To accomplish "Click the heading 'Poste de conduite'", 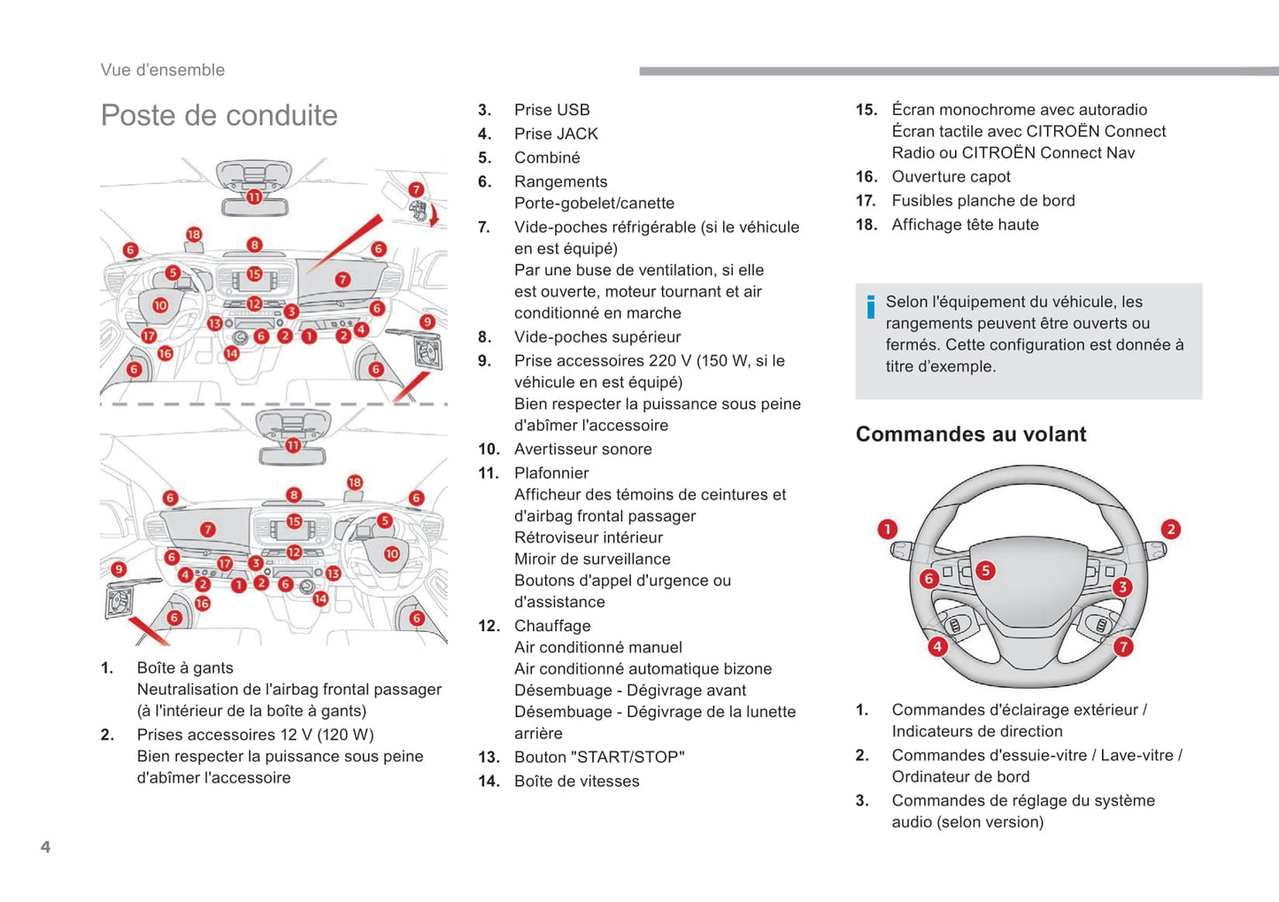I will click(219, 115).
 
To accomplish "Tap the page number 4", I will click(45, 847).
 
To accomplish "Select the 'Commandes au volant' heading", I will click(970, 434).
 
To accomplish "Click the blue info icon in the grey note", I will click(871, 306).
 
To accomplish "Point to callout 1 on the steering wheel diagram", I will click(887, 529).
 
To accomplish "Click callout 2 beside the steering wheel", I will click(1170, 529).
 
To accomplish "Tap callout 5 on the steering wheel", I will click(985, 570).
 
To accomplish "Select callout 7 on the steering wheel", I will click(1123, 646).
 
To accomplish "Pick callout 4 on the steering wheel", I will click(936, 646).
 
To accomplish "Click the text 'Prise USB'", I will click(551, 110).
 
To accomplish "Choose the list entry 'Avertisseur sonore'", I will click(582, 449).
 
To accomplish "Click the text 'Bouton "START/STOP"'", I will click(599, 757).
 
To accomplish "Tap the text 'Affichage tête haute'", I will click(965, 224).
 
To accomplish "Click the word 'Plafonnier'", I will click(551, 473).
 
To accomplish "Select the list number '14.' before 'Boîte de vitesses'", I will click(489, 781).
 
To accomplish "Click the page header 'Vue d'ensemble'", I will click(162, 70).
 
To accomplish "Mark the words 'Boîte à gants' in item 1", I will click(185, 667).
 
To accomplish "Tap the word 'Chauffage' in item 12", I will click(552, 626).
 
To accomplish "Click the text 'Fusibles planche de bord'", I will click(982, 200).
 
